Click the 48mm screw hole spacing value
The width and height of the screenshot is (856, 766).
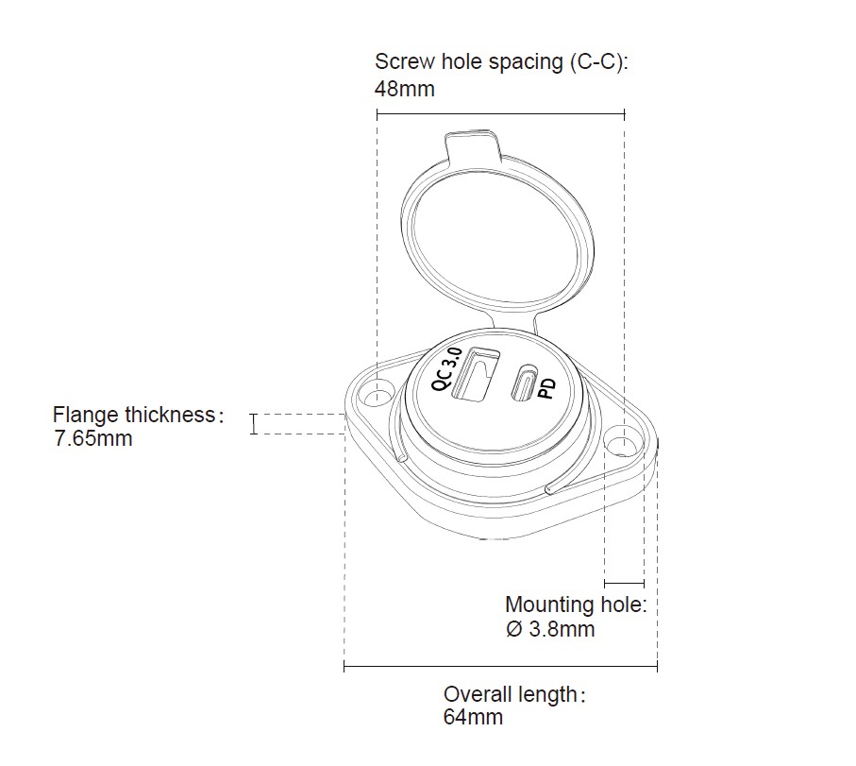(x=405, y=90)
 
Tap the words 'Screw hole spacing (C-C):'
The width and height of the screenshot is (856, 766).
(x=501, y=62)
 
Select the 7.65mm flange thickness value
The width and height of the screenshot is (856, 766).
(x=93, y=438)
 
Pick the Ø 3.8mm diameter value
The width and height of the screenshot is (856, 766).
(x=550, y=629)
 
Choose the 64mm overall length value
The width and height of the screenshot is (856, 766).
(x=473, y=717)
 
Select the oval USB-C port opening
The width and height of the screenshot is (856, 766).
(x=524, y=383)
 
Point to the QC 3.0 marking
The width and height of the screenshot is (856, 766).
(x=446, y=368)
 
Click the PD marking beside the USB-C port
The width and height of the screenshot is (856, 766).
(x=546, y=389)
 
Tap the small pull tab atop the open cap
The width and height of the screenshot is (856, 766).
(x=470, y=145)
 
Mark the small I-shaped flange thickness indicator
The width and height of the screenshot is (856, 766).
(x=253, y=424)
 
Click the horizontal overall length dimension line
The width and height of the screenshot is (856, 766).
(x=500, y=668)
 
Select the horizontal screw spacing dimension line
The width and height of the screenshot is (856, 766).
(x=500, y=113)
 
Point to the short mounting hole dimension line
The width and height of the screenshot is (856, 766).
(x=624, y=584)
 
